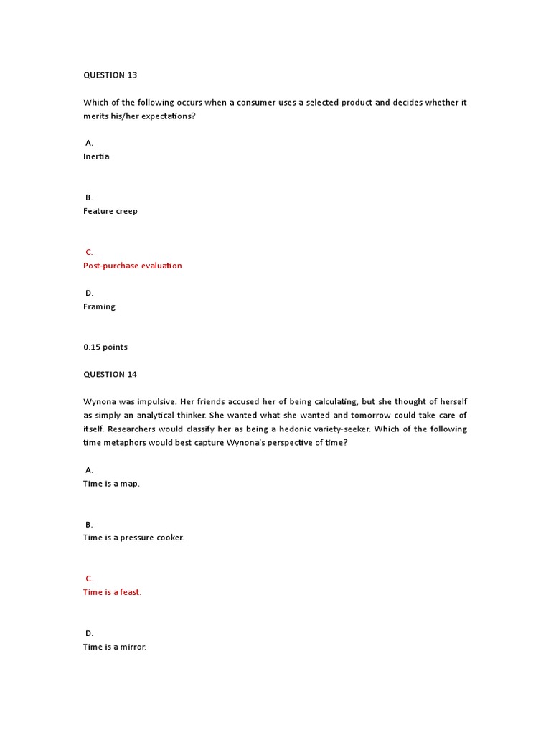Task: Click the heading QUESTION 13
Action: point(110,75)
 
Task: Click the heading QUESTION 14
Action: point(110,375)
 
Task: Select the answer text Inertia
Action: point(96,156)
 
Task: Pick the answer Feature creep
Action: point(110,211)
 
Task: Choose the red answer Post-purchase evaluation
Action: point(133,266)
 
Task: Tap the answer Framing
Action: point(99,306)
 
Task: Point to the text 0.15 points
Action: point(105,347)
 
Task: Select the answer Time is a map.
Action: point(111,484)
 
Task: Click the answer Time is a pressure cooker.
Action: point(133,538)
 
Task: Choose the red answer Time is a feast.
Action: point(112,592)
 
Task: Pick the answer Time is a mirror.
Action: point(115,647)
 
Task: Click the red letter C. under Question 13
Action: point(90,252)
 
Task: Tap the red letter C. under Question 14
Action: point(90,579)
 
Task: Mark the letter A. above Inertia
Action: point(90,143)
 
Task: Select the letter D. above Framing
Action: point(90,293)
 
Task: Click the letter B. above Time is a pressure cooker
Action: point(90,525)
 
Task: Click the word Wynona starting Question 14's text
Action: point(100,402)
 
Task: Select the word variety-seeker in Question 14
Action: point(341,429)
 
